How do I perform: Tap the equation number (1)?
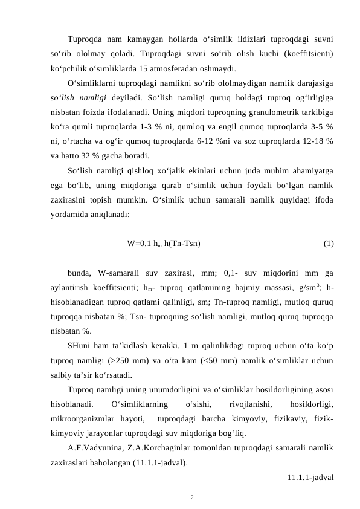click(x=329, y=244)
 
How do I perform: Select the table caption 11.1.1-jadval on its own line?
click(x=311, y=478)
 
